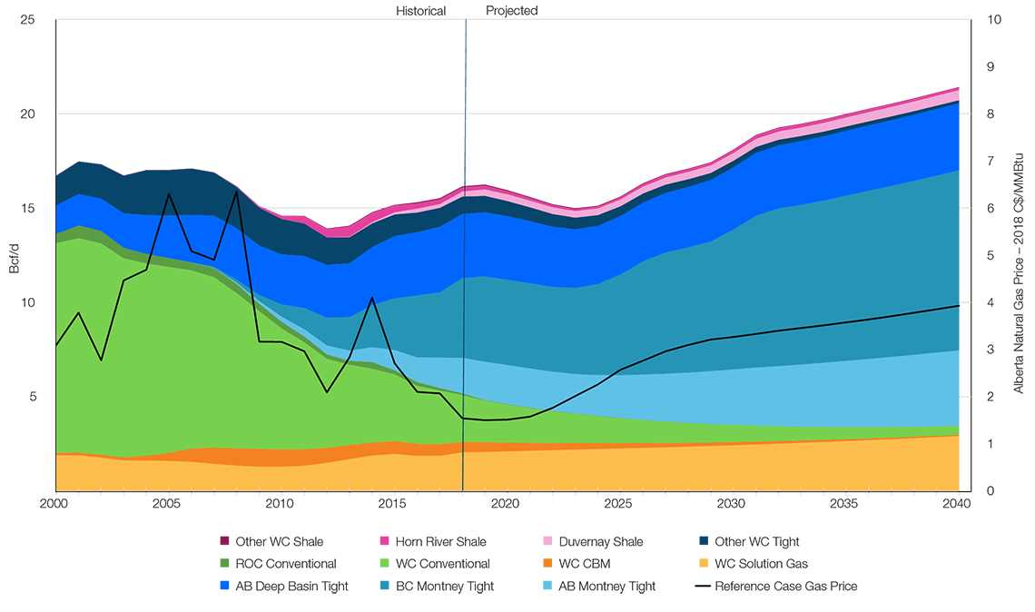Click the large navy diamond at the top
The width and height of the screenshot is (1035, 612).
click(x=466, y=66)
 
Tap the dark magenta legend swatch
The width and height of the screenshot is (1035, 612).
click(x=208, y=536)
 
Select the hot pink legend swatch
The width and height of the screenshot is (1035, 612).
click(x=371, y=536)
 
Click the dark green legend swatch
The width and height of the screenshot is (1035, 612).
click(x=208, y=561)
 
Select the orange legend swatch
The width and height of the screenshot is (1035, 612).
click(x=535, y=561)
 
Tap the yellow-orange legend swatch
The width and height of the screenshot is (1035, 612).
click(x=689, y=563)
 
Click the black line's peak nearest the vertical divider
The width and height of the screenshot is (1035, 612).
click(x=372, y=298)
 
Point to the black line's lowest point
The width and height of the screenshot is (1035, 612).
click(x=486, y=420)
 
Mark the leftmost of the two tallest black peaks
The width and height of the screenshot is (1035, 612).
click(x=169, y=194)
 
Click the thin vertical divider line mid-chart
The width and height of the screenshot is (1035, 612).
click(x=464, y=345)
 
